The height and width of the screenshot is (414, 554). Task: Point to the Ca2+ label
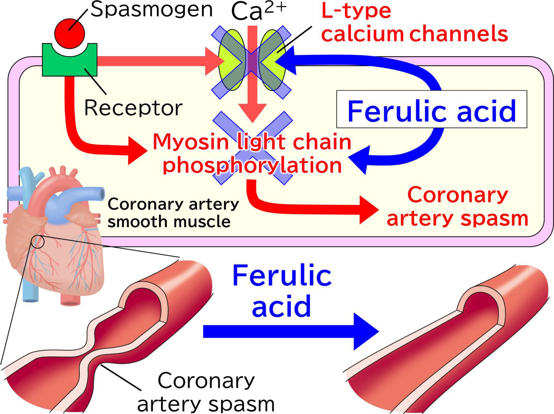click(x=258, y=11)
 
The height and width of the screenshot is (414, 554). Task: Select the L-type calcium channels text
click(x=414, y=22)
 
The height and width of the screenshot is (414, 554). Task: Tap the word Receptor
click(x=133, y=108)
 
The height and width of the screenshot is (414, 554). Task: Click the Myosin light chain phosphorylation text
click(x=252, y=153)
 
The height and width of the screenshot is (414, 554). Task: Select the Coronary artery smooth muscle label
click(x=173, y=212)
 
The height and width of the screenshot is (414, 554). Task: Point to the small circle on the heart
click(x=37, y=242)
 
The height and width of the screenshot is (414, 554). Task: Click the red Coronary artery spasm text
click(x=457, y=207)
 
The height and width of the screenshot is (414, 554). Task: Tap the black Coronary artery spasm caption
click(x=206, y=392)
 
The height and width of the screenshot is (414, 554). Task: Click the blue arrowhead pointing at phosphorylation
click(x=359, y=160)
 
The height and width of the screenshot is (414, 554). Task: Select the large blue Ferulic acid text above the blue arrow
click(x=282, y=291)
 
